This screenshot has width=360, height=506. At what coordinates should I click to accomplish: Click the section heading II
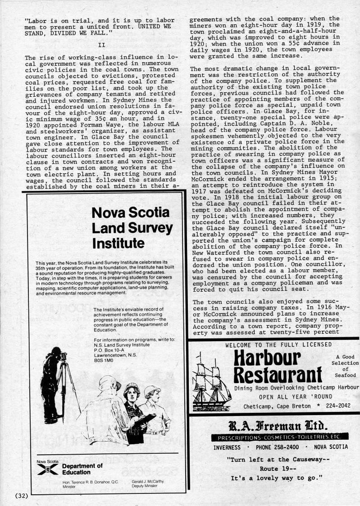pyautogui.click(x=101, y=45)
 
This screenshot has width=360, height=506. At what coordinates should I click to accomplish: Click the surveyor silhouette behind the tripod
pyautogui.click(x=51, y=383)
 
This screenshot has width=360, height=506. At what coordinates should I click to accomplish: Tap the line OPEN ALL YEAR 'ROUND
pyautogui.click(x=296, y=397)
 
